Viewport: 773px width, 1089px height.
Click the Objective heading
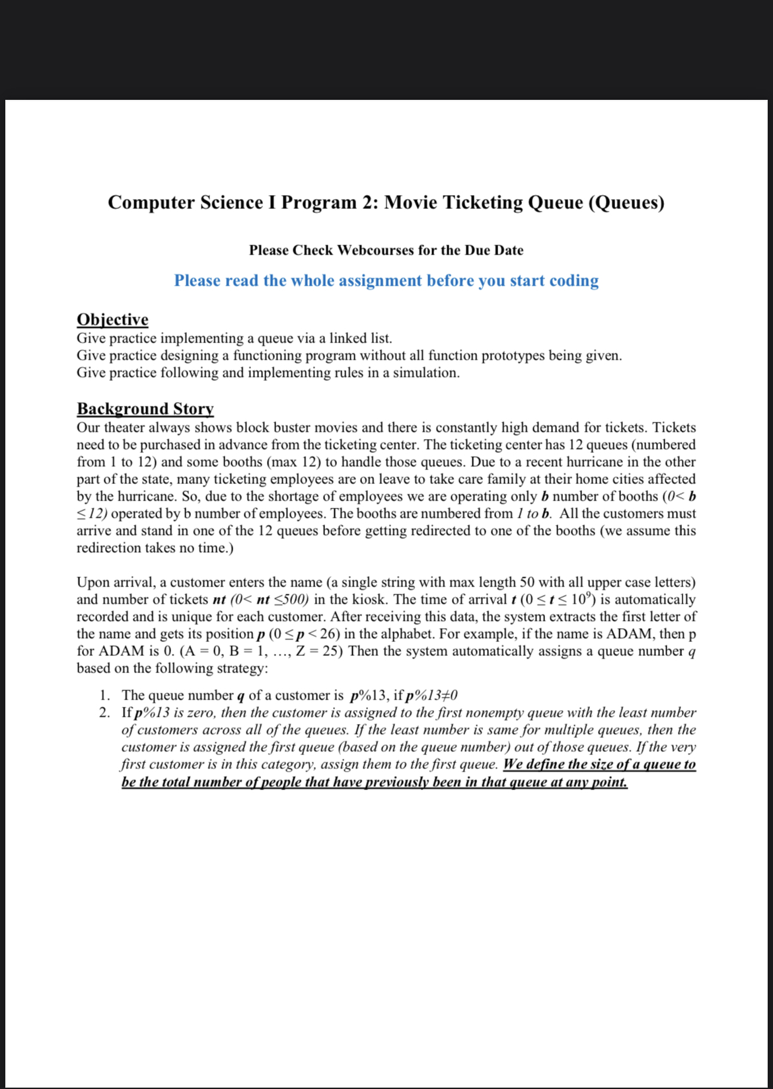point(112,319)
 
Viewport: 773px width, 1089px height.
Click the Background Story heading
point(145,408)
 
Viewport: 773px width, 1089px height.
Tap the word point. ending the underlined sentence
point(609,782)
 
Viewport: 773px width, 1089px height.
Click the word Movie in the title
point(410,202)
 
